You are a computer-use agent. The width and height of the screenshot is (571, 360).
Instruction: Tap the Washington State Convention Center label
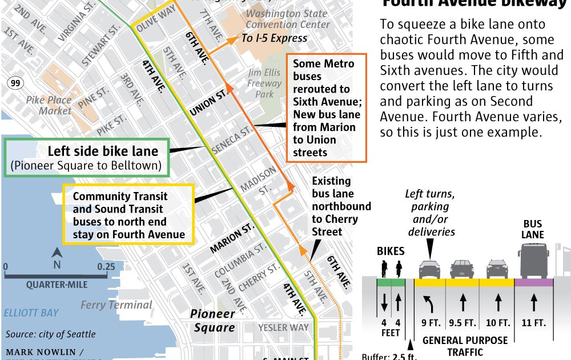(x=288, y=19)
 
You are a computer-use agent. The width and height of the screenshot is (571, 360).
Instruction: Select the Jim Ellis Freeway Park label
(x=265, y=83)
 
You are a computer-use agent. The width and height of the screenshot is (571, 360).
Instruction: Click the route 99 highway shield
(x=14, y=83)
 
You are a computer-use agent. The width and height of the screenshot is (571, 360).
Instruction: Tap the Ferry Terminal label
(x=116, y=305)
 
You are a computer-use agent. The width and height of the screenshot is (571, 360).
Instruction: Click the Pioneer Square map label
(x=212, y=321)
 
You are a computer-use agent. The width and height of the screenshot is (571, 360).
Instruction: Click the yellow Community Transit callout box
(x=128, y=215)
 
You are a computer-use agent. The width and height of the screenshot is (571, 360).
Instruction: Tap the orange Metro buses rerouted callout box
(x=326, y=108)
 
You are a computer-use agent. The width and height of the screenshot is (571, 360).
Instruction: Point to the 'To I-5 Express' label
(x=275, y=38)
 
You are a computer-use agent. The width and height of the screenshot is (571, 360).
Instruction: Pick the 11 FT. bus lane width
(x=534, y=323)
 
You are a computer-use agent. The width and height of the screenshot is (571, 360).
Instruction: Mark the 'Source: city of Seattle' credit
(x=51, y=334)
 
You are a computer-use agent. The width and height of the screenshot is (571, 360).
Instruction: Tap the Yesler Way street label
(x=283, y=327)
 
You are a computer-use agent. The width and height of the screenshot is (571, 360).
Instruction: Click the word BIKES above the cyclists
(x=391, y=251)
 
